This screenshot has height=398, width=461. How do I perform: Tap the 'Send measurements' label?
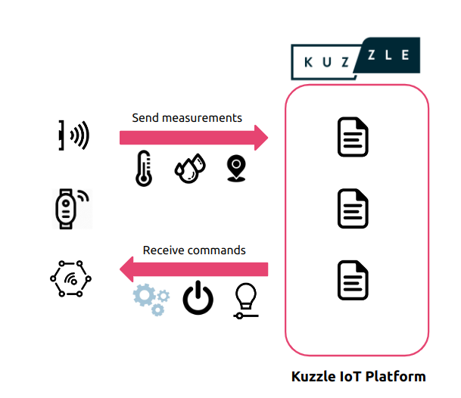point(187,118)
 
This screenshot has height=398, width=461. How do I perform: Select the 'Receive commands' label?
point(195,250)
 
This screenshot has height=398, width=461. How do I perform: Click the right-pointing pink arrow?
point(194,138)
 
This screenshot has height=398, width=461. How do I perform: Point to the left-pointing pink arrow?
point(194,269)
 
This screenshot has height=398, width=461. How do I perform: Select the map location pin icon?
point(236,169)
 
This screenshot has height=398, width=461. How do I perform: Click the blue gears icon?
point(151,298)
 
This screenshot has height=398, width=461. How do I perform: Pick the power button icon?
point(198,299)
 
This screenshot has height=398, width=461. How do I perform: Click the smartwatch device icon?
point(69,208)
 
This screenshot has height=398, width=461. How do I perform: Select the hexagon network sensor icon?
point(71,281)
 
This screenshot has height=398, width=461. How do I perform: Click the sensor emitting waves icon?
point(73,136)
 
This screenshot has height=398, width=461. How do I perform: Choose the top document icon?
point(353,137)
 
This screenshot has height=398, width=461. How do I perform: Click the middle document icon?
point(353,209)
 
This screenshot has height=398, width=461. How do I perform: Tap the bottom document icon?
point(353,280)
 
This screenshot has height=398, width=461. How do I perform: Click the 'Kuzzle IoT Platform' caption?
point(359,376)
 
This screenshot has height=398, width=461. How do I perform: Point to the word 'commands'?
point(220,250)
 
